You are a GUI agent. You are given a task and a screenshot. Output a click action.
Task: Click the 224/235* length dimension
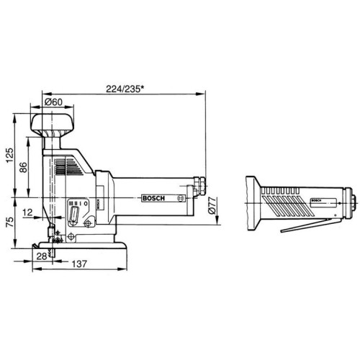[125, 89]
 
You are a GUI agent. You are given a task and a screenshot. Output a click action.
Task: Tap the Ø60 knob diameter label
[53, 102]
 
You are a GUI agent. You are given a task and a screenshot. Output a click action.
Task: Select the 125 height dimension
[10, 155]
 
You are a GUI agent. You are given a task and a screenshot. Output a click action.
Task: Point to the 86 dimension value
[23, 167]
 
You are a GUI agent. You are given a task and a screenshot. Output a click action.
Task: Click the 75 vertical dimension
[10, 222]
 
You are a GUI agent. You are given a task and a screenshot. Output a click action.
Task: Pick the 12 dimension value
[27, 212]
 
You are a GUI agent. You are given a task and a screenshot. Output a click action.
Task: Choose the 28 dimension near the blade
[42, 256]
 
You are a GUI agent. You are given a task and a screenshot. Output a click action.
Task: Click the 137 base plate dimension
[79, 264]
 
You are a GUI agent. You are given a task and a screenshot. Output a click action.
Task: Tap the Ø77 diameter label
[212, 205]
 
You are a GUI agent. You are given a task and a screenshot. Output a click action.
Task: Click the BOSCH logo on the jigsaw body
[153, 198]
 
